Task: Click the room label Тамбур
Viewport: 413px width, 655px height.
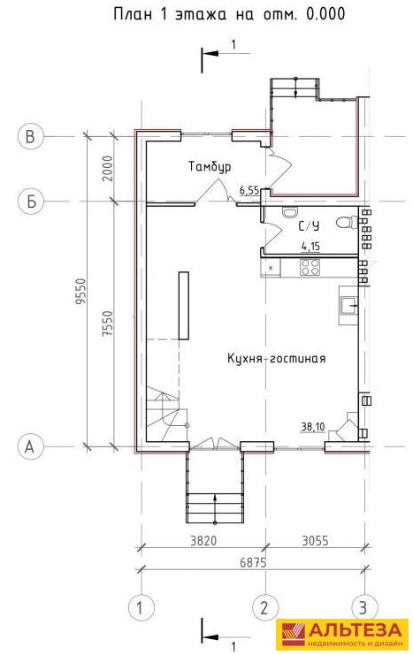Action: pos(210,167)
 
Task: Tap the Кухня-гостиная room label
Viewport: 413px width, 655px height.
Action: pos(276,358)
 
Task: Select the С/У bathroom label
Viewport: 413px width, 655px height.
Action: pos(309,226)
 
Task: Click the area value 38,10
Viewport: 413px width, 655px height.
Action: pos(314,427)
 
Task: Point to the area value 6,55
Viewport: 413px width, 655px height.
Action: pos(249,191)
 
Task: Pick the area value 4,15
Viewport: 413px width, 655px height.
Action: pos(310,247)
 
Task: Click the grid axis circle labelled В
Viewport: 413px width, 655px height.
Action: pos(31,137)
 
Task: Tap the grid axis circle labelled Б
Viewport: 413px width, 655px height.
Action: pos(31,202)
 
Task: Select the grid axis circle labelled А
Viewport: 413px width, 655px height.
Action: pos(31,446)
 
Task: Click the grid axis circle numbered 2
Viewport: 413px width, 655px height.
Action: pos(264,607)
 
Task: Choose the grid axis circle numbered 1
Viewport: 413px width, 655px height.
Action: pos(141,607)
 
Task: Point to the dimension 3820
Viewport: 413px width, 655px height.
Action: pos(203,541)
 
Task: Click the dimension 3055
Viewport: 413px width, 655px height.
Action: pos(315,541)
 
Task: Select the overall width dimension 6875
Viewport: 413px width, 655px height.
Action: pos(253,563)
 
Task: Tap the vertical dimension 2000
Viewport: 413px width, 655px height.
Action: pos(108,168)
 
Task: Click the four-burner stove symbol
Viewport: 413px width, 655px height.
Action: pos(310,267)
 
